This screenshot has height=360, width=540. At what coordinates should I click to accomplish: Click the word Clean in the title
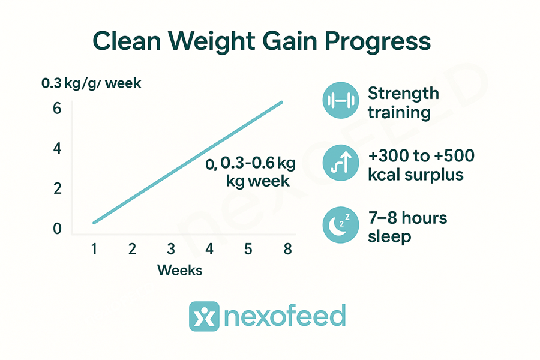pyautogui.click(x=127, y=41)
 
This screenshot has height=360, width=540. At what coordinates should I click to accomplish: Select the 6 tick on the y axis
pyautogui.click(x=57, y=109)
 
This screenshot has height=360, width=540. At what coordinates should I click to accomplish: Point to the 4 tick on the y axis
pyautogui.click(x=57, y=148)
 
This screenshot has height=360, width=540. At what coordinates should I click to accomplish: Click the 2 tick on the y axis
pyautogui.click(x=57, y=188)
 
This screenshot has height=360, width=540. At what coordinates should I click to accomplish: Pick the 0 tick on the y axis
pyautogui.click(x=57, y=229)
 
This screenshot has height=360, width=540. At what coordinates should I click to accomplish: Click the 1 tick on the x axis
pyautogui.click(x=94, y=249)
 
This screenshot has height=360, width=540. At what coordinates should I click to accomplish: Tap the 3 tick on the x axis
pyautogui.click(x=171, y=249)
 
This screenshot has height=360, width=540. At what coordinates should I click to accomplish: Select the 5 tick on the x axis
pyautogui.click(x=248, y=249)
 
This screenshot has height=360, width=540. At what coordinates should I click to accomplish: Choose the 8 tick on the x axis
pyautogui.click(x=287, y=249)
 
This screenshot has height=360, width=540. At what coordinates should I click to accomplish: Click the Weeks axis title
pyautogui.click(x=180, y=271)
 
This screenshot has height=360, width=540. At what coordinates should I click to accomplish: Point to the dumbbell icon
pyautogui.click(x=341, y=100)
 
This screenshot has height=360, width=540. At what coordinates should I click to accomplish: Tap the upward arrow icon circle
pyautogui.click(x=341, y=163)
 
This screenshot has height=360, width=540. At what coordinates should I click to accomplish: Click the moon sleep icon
pyautogui.click(x=341, y=225)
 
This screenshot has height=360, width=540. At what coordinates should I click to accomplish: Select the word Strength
pyautogui.click(x=403, y=94)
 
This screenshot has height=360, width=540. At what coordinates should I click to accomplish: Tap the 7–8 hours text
pyautogui.click(x=408, y=218)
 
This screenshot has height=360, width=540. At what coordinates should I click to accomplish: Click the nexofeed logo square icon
pyautogui.click(x=204, y=316)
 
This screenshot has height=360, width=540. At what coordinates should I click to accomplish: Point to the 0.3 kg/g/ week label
pyautogui.click(x=91, y=84)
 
